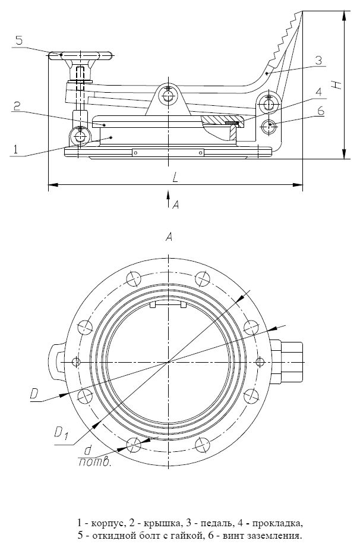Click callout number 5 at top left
point(19,40)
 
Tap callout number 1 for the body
point(15,150)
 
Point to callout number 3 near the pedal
point(318,60)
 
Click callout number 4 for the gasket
point(318,92)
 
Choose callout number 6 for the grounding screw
point(320,111)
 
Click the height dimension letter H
point(337,84)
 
